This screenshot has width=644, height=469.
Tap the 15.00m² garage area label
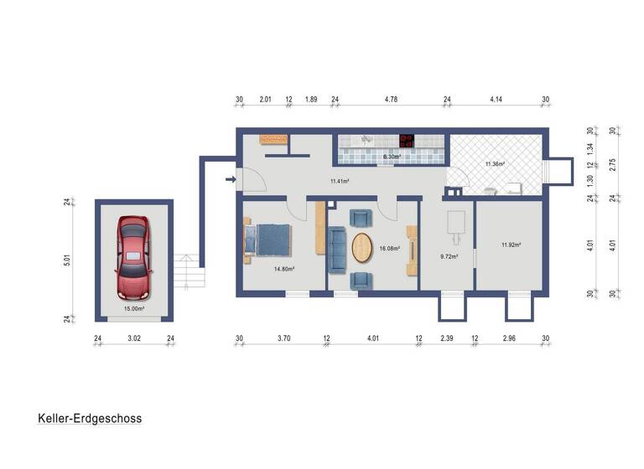pyautogui.click(x=133, y=308)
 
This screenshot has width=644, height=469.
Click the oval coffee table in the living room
pyautogui.click(x=362, y=248)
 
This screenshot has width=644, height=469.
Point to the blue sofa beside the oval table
pyautogui.click(x=337, y=250)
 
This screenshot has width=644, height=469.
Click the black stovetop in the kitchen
pyautogui.click(x=407, y=141)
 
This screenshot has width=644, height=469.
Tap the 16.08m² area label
pyautogui.click(x=389, y=248)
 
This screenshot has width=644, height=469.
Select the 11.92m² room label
pyautogui.click(x=511, y=245)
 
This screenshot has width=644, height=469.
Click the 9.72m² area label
pyautogui.click(x=449, y=256)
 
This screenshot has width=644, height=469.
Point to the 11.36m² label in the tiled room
pyautogui.click(x=495, y=164)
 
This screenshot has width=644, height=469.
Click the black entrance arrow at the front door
pyautogui.click(x=231, y=178)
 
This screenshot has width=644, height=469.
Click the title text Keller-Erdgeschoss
pyautogui.click(x=89, y=418)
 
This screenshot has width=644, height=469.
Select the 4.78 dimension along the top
pyautogui.click(x=391, y=100)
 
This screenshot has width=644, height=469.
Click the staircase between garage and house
pyautogui.click(x=190, y=271)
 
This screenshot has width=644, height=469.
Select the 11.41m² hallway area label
pyautogui.click(x=340, y=181)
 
